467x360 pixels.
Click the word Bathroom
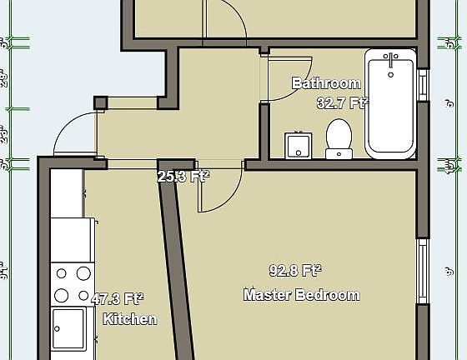click(x=326, y=83)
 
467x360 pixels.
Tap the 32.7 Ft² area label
click(x=343, y=103)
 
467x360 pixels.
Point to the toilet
click(x=338, y=138)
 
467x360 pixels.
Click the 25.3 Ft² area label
click(x=183, y=176)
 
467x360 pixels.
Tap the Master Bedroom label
click(x=302, y=295)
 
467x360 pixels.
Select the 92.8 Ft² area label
click(x=295, y=271)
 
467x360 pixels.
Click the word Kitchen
click(x=129, y=319)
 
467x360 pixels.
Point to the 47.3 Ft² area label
click(x=117, y=299)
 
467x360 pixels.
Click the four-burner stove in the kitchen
click(x=72, y=283)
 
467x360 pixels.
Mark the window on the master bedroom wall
click(x=423, y=271)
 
